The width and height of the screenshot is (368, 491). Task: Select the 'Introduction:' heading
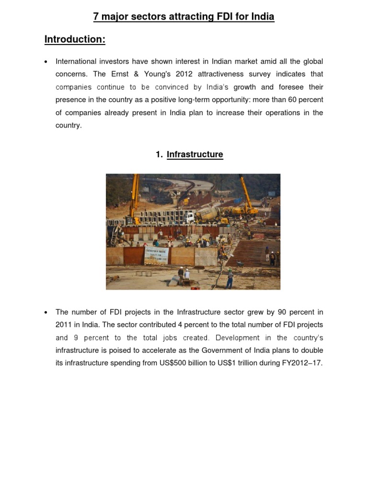75,40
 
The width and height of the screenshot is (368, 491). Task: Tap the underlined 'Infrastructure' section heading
195,154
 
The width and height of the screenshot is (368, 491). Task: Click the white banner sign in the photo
156,255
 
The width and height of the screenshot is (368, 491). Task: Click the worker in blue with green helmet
230,280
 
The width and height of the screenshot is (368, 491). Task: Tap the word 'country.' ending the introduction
69,126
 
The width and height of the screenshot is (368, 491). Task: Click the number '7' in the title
96,17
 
